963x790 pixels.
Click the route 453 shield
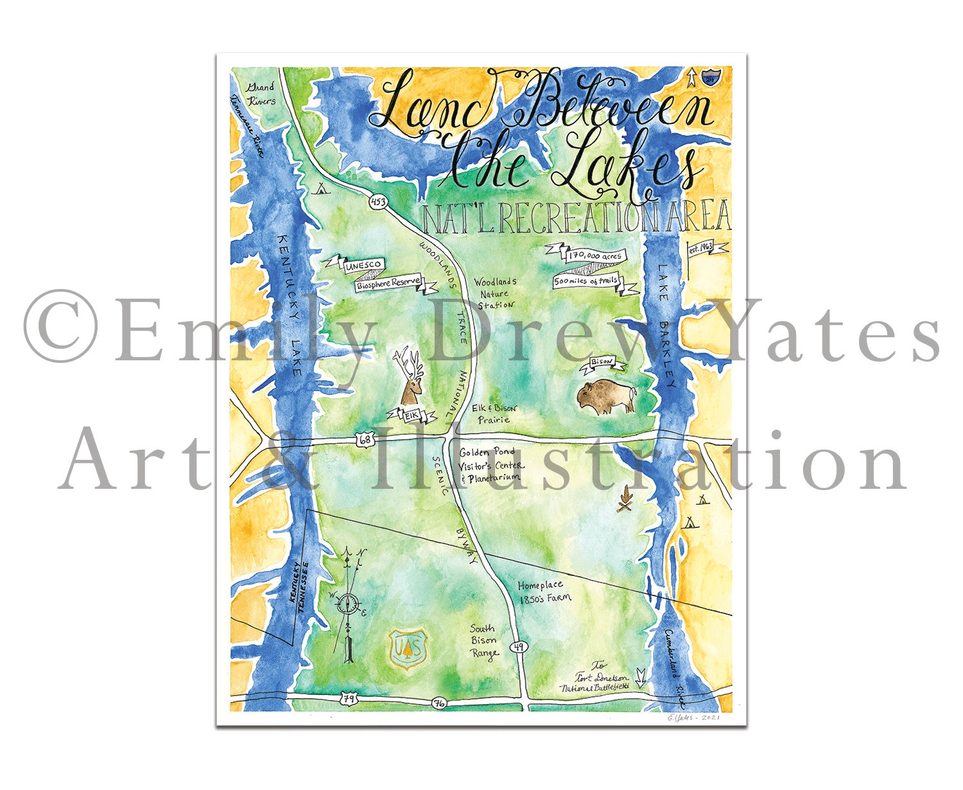pyautogui.click(x=379, y=202)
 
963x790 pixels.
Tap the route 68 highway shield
pyautogui.click(x=365, y=440)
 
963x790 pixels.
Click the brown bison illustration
pyautogui.click(x=605, y=398)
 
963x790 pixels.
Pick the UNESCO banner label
pyautogui.click(x=363, y=265)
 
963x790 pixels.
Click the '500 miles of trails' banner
pyautogui.click(x=587, y=281)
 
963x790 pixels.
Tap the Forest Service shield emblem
pyautogui.click(x=408, y=649)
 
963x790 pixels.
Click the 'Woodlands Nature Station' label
pyautogui.click(x=495, y=293)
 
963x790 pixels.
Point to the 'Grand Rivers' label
pyautogui.click(x=261, y=94)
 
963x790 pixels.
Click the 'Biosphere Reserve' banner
pyautogui.click(x=389, y=283)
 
